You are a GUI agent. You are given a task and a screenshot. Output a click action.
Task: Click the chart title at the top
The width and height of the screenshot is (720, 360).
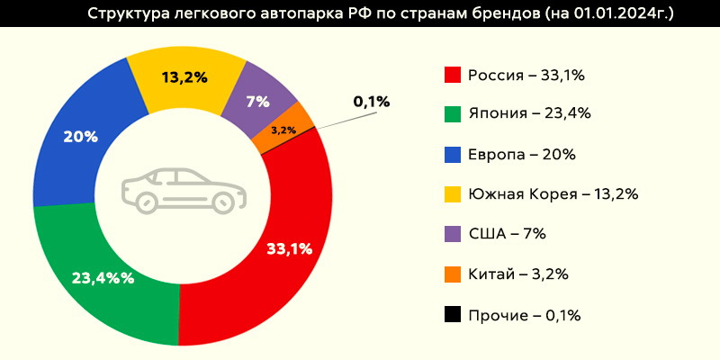pos(382,14)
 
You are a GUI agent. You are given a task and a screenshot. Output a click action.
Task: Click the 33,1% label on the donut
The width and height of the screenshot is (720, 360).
pos(290,249)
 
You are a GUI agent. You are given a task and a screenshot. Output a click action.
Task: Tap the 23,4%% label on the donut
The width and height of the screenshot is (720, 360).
pos(103,278)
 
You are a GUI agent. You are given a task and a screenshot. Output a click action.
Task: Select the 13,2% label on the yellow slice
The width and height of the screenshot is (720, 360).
pos(184,76)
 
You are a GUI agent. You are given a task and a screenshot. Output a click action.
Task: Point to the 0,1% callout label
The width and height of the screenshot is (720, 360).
pos(372,102)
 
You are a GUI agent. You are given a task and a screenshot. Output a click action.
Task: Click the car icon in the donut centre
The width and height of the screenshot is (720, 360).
pos(182,190)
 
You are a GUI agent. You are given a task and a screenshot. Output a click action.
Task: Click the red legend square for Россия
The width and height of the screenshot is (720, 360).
pos(453,75)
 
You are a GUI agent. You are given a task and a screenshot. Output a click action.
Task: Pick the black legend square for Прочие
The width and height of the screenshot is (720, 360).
pos(453,314)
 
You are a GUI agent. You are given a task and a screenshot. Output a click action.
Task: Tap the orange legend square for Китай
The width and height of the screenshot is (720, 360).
pos(453,274)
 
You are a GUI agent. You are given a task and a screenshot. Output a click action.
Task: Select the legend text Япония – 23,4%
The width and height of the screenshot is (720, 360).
pos(528,114)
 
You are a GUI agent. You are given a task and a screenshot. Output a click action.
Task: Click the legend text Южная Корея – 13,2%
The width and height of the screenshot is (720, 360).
pos(553,193)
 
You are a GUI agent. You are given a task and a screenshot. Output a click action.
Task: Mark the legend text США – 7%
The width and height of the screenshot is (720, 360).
pos(508,234)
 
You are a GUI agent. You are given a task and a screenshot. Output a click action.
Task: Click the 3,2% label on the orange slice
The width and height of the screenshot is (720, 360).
pos(283,131)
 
